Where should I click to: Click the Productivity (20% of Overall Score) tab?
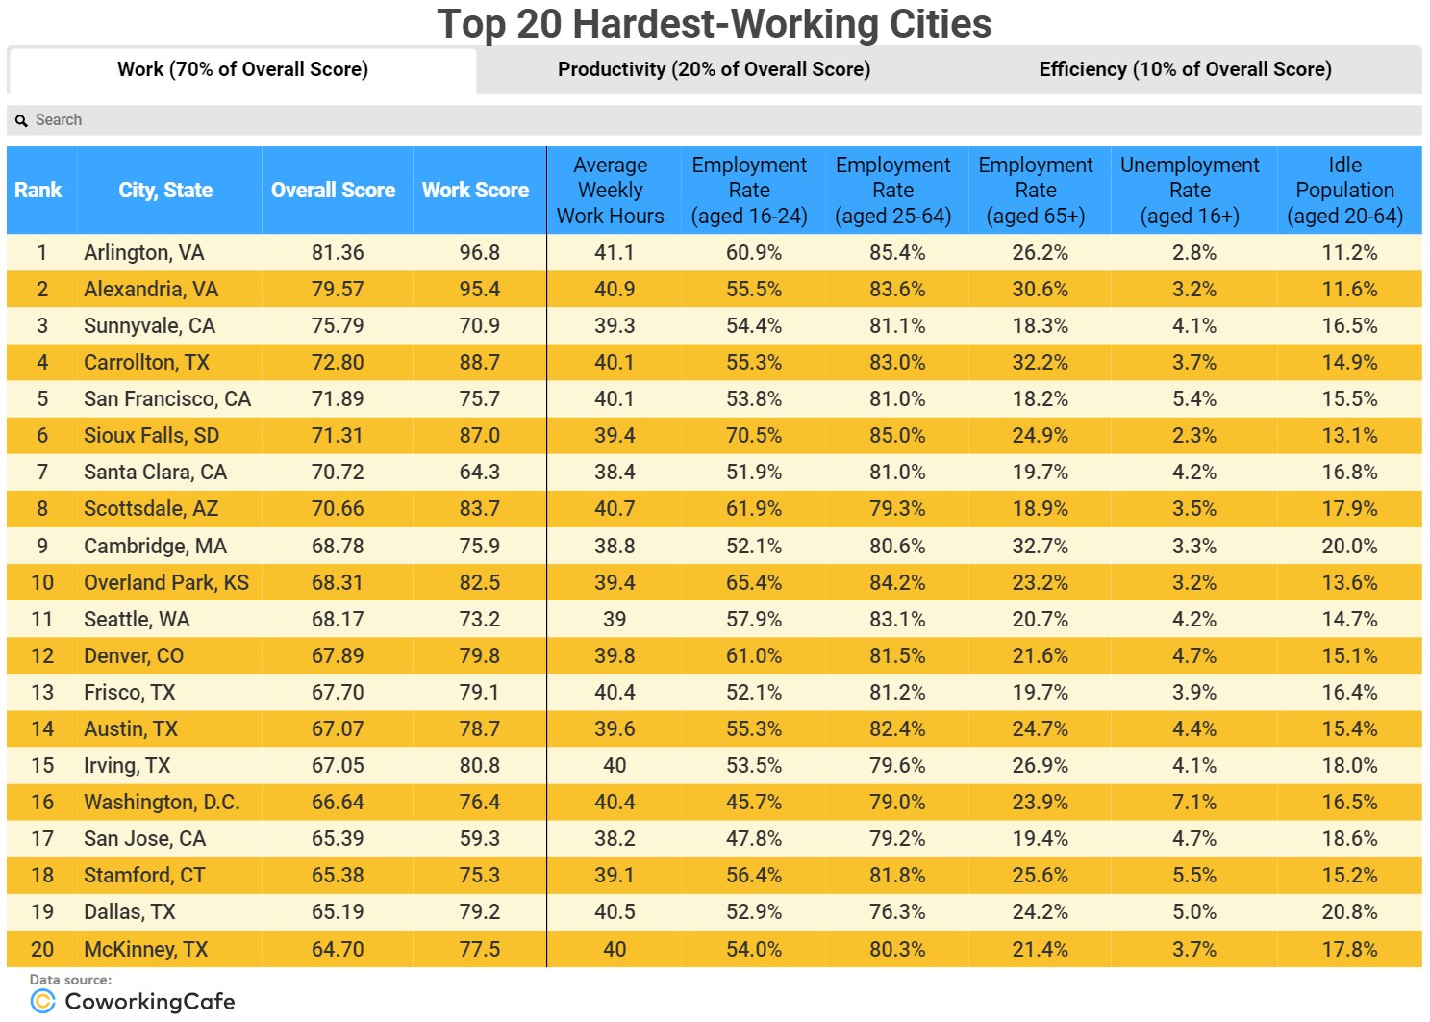point(714,69)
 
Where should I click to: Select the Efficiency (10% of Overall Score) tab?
point(1185,69)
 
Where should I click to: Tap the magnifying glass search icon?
point(21,121)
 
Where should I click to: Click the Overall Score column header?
point(333,191)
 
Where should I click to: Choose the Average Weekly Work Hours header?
point(610,191)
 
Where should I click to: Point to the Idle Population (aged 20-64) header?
point(1344,191)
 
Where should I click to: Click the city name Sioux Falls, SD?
point(151,436)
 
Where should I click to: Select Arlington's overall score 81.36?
point(338,253)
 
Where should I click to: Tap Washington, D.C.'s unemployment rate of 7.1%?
point(1193,803)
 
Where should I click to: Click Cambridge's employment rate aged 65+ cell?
point(1040,547)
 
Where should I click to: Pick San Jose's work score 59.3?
point(479,839)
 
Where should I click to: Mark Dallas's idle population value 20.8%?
point(1349,912)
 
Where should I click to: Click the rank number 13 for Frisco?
point(42,693)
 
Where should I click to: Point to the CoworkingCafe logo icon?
point(42,1002)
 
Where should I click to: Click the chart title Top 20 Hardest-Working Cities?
point(714,24)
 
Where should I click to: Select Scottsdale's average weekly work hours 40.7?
point(615,509)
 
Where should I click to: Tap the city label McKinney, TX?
point(145,950)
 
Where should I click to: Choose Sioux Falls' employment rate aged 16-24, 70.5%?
point(753,436)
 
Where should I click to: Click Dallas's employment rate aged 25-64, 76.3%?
point(897,912)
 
